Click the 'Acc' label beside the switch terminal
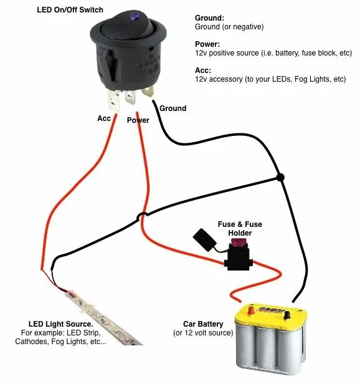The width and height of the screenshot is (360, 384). [x=105, y=118]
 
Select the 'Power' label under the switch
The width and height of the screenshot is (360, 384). [x=138, y=120]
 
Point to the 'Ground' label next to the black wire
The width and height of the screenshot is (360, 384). [x=173, y=108]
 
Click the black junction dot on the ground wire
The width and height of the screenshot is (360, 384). [x=280, y=178]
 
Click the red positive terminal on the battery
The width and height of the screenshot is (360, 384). [x=249, y=309]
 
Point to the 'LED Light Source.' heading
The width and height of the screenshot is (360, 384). [x=60, y=324]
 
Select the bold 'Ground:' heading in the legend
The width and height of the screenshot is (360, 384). [x=209, y=18]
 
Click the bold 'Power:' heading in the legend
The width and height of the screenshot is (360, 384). [x=207, y=44]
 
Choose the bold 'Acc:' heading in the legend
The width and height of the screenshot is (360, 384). [x=203, y=70]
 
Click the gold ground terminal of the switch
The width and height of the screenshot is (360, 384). [x=148, y=92]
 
